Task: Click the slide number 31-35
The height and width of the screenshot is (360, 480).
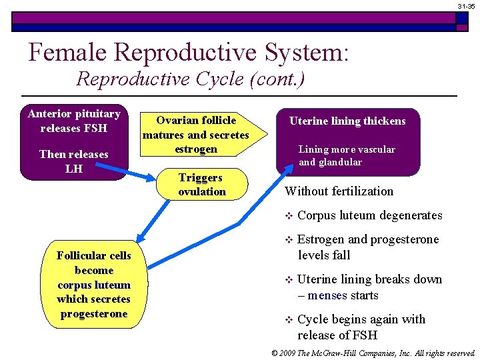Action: coord(466,6)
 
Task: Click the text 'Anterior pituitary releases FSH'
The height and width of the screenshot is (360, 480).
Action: coord(73,121)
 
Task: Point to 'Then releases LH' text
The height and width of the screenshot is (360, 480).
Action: coord(73,161)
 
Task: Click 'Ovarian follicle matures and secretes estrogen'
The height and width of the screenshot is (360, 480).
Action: coord(195,135)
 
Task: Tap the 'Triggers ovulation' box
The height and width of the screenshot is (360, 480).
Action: coord(202,185)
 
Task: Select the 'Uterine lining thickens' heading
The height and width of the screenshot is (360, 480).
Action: coord(347,121)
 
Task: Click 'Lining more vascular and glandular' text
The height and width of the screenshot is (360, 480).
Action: coord(347,155)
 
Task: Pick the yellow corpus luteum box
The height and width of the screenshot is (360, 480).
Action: coord(93,285)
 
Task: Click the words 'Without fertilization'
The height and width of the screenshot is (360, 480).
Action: coord(339,191)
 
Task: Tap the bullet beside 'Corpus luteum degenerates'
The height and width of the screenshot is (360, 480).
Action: coord(289,216)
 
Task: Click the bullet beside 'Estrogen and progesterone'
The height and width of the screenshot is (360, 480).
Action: coord(289,240)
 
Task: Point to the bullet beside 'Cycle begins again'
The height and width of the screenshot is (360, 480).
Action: coord(289,319)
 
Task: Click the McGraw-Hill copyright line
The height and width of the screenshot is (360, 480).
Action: coord(373,353)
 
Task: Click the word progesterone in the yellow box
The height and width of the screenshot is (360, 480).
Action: coord(93,313)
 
